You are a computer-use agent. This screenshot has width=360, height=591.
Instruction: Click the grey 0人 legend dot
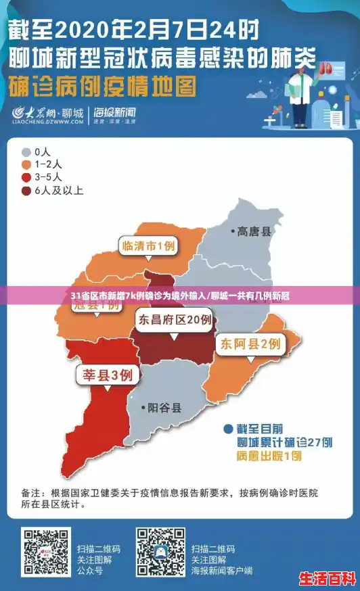(x=26, y=152)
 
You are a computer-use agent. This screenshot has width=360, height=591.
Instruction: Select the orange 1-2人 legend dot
(x=26, y=164)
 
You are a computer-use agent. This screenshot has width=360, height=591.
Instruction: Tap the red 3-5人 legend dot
(x=26, y=177)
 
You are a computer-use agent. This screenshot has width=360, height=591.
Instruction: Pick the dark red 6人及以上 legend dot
(x=26, y=190)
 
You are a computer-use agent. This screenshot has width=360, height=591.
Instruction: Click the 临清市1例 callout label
(x=148, y=246)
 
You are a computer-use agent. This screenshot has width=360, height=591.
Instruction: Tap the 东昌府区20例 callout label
(x=174, y=319)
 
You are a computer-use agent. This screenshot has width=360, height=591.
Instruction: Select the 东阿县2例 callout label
(x=249, y=344)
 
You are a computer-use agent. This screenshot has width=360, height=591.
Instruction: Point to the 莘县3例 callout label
(x=107, y=375)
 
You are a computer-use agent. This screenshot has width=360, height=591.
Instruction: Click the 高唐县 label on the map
(x=254, y=232)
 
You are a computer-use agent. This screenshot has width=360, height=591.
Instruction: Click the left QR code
(x=46, y=551)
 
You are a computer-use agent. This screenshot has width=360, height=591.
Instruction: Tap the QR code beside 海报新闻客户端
(x=160, y=551)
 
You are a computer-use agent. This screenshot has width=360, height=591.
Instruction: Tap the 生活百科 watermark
(x=328, y=580)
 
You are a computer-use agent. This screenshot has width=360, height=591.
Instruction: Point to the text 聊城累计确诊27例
(x=284, y=442)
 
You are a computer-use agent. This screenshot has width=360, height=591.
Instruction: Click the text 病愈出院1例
(x=269, y=456)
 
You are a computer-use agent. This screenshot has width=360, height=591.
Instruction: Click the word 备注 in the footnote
(x=33, y=492)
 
